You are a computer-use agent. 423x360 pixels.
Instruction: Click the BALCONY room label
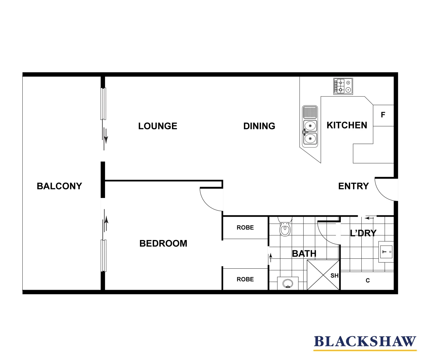coord(59,186)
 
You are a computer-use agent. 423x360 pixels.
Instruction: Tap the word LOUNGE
coord(158,126)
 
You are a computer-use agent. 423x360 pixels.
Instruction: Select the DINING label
coord(259,126)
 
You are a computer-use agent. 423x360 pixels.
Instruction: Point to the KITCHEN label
coord(347,125)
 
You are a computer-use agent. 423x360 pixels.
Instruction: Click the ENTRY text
coord(353,186)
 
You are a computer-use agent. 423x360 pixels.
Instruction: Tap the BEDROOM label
coord(163,243)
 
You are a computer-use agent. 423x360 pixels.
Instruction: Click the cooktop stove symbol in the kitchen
coord(343,86)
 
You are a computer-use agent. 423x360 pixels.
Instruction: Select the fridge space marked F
coord(383,115)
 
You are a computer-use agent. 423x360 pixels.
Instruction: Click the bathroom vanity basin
coord(288,284)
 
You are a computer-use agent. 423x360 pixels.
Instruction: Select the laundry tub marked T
coord(386,252)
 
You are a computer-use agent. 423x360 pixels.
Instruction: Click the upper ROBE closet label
coord(245,228)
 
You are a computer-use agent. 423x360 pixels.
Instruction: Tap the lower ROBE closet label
coord(245,279)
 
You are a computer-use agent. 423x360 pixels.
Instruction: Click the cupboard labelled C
coord(367,281)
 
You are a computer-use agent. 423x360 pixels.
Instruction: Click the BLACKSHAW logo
coord(365,342)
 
